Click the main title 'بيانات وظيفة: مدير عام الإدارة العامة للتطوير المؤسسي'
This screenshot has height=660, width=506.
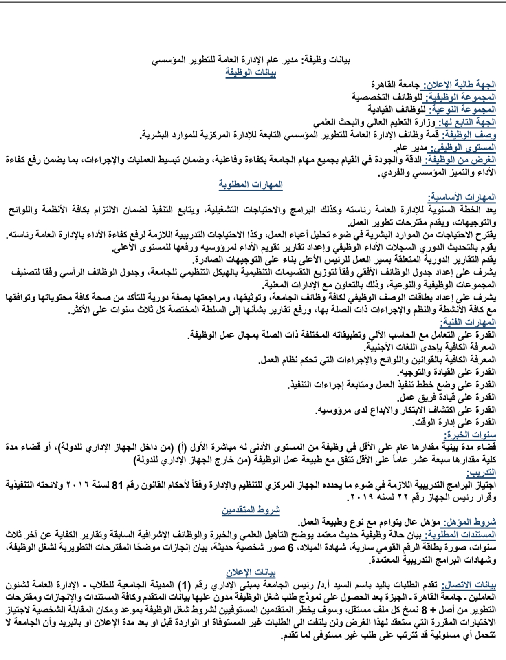pos(251,61)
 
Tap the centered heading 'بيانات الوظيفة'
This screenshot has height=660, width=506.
pos(251,73)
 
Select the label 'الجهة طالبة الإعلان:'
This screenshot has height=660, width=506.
pos(460,85)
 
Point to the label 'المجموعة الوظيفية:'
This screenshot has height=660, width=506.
pos(461,97)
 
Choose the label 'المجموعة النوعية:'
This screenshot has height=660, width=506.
pos(462,110)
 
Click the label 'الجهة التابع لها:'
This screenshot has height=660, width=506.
pos(466,122)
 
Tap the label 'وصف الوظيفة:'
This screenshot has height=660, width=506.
pos(468,135)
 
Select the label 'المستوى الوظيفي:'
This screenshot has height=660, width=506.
pos(463,148)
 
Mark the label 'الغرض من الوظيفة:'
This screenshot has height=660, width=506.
pos(459,160)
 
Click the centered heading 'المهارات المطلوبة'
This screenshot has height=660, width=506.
pos(251,185)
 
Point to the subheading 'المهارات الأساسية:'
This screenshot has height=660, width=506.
pos(462,198)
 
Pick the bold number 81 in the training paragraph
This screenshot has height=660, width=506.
pos(117,486)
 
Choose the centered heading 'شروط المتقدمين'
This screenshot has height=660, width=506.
pos(251,510)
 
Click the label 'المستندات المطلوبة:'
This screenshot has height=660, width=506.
pos(460,535)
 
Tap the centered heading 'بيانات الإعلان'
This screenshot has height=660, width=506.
pos(251,573)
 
